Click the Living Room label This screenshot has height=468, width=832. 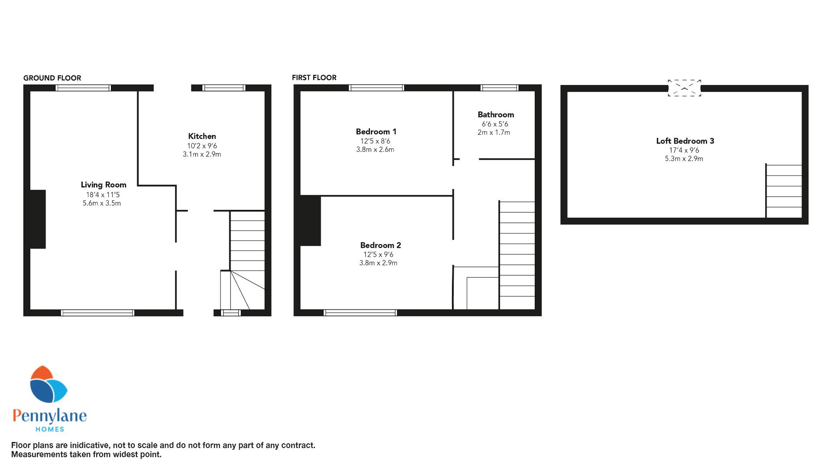pyautogui.click(x=104, y=185)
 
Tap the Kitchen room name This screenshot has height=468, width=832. pyautogui.click(x=202, y=136)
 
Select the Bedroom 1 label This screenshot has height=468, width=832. pyautogui.click(x=376, y=131)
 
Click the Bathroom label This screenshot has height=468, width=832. pyautogui.click(x=496, y=114)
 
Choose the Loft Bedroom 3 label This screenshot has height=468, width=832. pyautogui.click(x=685, y=141)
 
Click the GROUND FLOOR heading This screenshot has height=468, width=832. pyautogui.click(x=52, y=78)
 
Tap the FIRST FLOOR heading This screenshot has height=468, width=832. pyautogui.click(x=314, y=78)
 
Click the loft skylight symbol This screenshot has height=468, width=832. pyautogui.click(x=684, y=88)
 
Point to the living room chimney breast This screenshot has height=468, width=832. pyautogui.click(x=38, y=219)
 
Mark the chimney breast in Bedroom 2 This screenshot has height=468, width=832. pyautogui.click(x=310, y=221)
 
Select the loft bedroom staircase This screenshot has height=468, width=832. pyautogui.click(x=783, y=191)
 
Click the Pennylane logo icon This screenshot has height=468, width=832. pyautogui.click(x=48, y=384)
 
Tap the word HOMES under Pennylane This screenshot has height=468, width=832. pyautogui.click(x=49, y=429)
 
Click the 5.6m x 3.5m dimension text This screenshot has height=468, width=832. pyautogui.click(x=102, y=203)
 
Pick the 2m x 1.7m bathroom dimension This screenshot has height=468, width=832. pyautogui.click(x=494, y=133)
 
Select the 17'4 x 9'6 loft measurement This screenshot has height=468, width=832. pyautogui.click(x=684, y=150)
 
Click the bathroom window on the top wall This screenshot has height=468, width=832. pyautogui.click(x=500, y=88)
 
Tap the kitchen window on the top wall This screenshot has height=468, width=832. pyautogui.click(x=224, y=88)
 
